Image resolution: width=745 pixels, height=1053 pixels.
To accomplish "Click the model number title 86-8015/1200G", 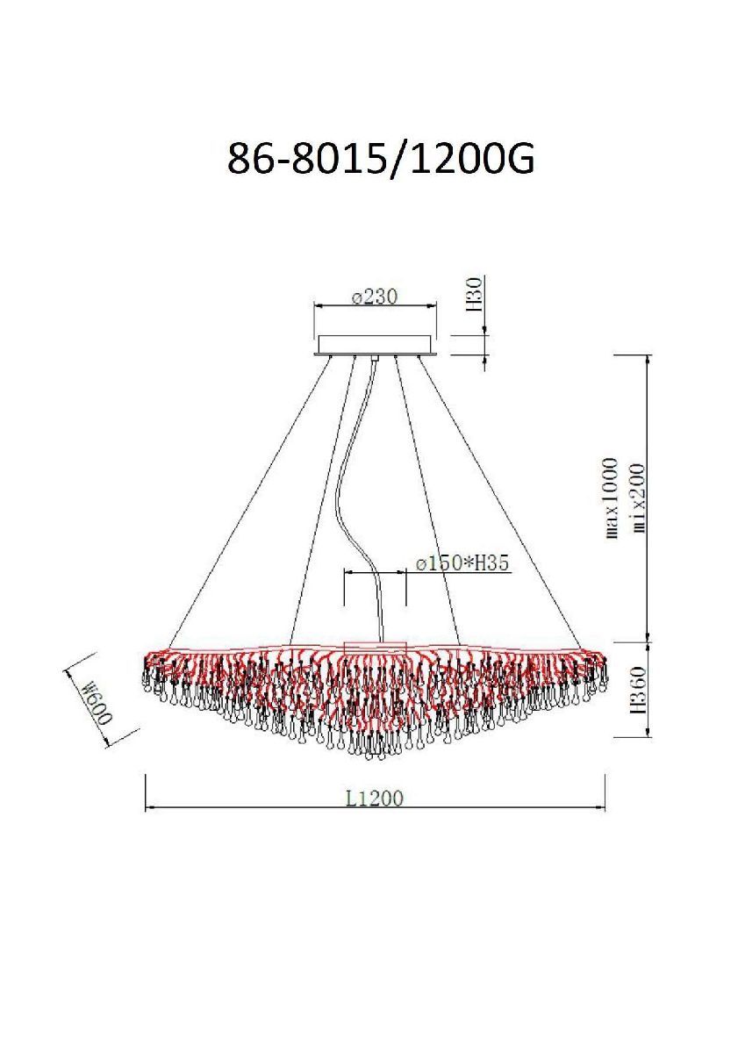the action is coord(381,159).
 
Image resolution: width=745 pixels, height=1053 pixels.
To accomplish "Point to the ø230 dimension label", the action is coord(375,297).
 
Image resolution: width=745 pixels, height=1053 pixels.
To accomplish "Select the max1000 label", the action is coord(610,498).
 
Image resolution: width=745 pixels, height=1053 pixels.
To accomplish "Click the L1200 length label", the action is coord(375,798).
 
